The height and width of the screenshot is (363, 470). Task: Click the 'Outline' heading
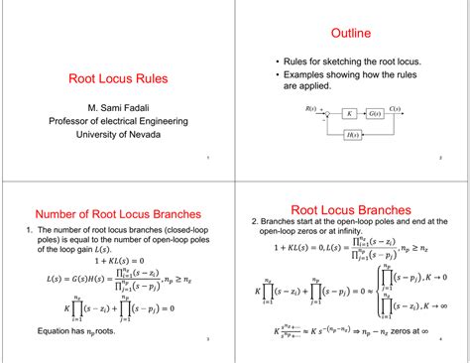click(x=351, y=34)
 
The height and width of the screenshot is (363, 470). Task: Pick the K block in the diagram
click(x=349, y=114)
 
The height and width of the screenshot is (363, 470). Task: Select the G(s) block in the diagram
click(x=375, y=114)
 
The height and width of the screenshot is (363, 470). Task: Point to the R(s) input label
click(x=310, y=106)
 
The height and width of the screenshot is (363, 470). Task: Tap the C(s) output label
click(x=395, y=107)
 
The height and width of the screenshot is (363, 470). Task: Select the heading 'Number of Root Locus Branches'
click(x=118, y=213)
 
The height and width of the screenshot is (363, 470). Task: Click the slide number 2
click(x=439, y=158)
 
